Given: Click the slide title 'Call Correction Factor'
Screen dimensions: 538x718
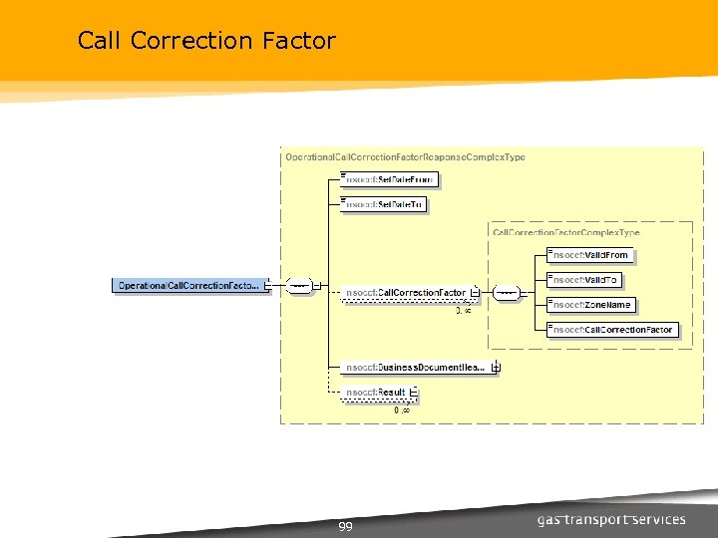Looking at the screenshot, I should pyautogui.click(x=206, y=41).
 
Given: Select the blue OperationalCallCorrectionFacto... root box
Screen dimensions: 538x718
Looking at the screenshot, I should pyautogui.click(x=188, y=286).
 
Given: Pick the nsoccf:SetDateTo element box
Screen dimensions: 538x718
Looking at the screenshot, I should pyautogui.click(x=385, y=204).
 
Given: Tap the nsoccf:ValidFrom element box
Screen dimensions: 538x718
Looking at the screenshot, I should pyautogui.click(x=591, y=255).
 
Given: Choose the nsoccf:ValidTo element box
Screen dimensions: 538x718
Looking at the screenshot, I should pyautogui.click(x=587, y=280).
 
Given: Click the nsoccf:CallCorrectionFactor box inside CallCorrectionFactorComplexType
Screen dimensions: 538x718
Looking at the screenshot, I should pyautogui.click(x=613, y=330).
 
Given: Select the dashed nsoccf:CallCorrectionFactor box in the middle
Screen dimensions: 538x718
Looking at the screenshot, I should pyautogui.click(x=405, y=293).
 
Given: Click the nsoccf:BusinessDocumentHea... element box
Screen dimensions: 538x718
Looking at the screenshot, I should pyautogui.click(x=415, y=367).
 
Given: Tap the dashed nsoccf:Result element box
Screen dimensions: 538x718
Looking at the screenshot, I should pyautogui.click(x=375, y=395).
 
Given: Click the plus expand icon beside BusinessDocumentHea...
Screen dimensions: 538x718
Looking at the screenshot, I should pyautogui.click(x=496, y=367).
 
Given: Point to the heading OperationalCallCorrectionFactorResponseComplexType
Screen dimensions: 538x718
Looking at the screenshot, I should pyautogui.click(x=405, y=157).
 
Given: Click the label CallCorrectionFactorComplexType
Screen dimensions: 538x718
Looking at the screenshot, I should pyautogui.click(x=565, y=232).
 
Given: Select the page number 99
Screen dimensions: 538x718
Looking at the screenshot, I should pyautogui.click(x=345, y=526).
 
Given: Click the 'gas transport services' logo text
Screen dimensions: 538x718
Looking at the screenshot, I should pyautogui.click(x=611, y=519).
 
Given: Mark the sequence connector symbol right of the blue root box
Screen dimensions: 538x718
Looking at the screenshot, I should pyautogui.click(x=298, y=286).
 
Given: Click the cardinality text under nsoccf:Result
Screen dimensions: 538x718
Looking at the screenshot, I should pyautogui.click(x=402, y=409).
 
